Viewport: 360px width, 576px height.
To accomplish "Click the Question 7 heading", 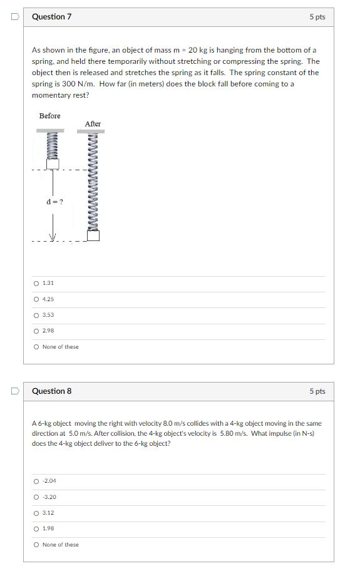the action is tap(51, 17).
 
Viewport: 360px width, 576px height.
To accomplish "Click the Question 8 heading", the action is tap(51, 391).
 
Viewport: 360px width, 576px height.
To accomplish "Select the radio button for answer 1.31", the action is tap(36, 284).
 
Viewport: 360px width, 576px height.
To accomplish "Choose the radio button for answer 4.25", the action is tap(36, 299).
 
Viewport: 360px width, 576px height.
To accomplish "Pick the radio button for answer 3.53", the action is tap(36, 315).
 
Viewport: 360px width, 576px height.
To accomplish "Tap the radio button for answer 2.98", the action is tap(36, 331).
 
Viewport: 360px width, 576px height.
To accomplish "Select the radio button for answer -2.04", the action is tap(36, 481).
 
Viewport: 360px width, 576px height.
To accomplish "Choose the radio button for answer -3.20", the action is tap(36, 497).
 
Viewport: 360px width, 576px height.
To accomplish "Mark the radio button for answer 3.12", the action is tap(36, 513).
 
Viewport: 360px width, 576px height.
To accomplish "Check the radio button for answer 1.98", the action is tap(36, 528).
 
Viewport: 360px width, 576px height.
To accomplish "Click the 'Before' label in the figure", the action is tap(50, 116).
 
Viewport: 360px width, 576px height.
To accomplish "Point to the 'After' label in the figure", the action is tap(93, 124).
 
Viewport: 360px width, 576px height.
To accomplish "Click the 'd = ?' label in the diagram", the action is tap(54, 202).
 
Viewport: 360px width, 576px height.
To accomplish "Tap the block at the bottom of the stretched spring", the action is tap(93, 236).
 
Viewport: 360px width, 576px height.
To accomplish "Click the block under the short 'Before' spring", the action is tap(53, 163).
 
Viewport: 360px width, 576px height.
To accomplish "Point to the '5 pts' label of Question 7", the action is tap(317, 17).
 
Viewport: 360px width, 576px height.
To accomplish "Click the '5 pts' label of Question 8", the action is tap(317, 391).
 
